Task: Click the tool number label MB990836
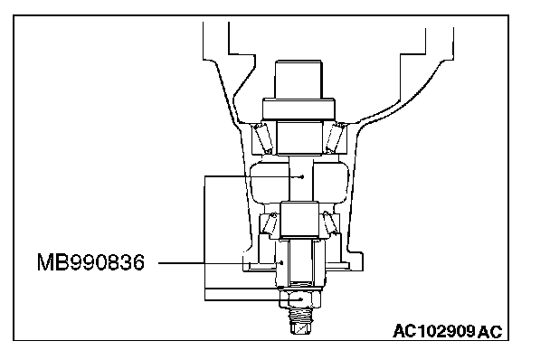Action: point(90,262)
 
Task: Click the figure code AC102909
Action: point(434,331)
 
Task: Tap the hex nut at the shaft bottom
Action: point(300,299)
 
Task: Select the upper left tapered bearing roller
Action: point(263,137)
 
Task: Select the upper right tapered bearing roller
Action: point(334,137)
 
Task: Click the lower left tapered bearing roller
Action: point(270,223)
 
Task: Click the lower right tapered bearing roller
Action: point(329,223)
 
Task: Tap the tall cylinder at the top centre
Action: point(299,80)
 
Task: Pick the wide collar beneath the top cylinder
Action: point(299,109)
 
